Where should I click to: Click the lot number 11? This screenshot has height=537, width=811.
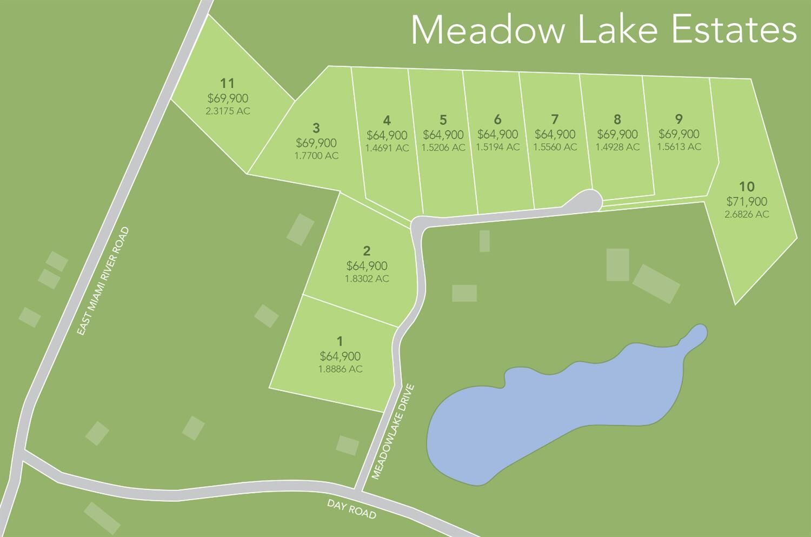click(x=228, y=83)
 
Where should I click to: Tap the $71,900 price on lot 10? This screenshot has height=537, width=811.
click(x=747, y=202)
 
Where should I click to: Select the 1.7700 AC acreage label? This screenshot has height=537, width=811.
click(x=316, y=156)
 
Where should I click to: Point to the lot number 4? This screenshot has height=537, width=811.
click(x=387, y=121)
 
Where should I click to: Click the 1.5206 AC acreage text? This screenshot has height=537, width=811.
click(x=443, y=148)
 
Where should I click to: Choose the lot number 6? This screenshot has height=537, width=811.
click(x=498, y=120)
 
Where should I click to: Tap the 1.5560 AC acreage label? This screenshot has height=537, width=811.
click(x=555, y=147)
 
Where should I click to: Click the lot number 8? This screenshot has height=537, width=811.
click(x=617, y=120)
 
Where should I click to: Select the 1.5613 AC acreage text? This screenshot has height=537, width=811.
click(x=679, y=147)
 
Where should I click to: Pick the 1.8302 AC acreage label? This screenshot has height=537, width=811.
click(x=367, y=279)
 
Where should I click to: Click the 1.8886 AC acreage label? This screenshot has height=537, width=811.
click(x=340, y=369)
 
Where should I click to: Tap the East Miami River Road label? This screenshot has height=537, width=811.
click(x=103, y=281)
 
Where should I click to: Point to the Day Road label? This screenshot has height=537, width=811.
click(x=351, y=509)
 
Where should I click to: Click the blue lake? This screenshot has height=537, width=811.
click(x=551, y=411)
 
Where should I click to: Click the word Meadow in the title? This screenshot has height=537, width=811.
click(x=488, y=30)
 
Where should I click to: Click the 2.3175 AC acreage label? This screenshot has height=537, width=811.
click(x=228, y=111)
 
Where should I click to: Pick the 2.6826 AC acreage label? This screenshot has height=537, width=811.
click(x=747, y=215)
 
